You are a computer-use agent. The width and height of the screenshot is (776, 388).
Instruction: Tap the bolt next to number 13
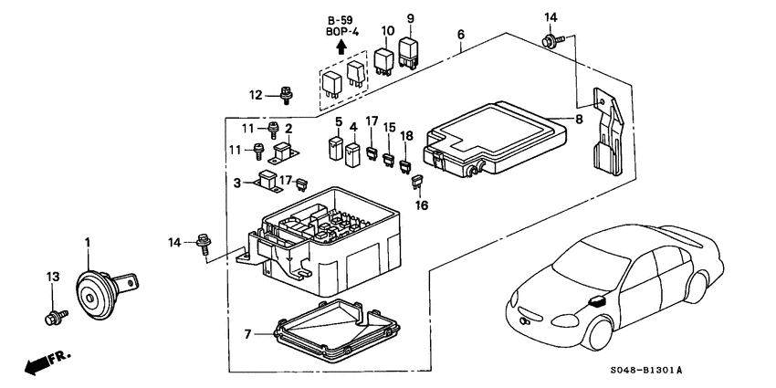[52, 317]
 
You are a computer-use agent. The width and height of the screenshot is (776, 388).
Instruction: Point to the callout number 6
[461, 34]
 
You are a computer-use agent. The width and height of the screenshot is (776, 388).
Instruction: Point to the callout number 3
[236, 183]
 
